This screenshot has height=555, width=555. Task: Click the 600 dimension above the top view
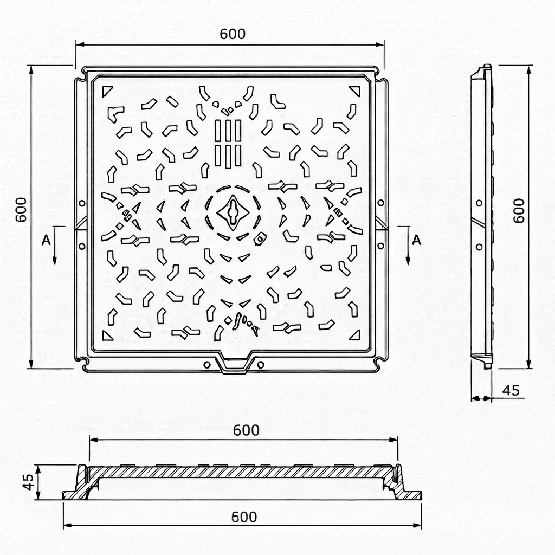(x=233, y=34)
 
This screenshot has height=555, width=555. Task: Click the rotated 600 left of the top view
(x=21, y=210)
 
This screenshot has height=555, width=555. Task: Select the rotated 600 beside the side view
(x=519, y=211)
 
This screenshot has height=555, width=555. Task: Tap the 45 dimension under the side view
(x=511, y=390)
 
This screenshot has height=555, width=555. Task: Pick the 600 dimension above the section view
(x=246, y=430)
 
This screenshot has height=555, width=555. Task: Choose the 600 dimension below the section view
(x=244, y=517)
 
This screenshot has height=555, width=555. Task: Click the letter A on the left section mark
(x=46, y=240)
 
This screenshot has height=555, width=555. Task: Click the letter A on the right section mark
(x=417, y=240)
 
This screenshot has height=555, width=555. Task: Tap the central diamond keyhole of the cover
(x=233, y=212)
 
